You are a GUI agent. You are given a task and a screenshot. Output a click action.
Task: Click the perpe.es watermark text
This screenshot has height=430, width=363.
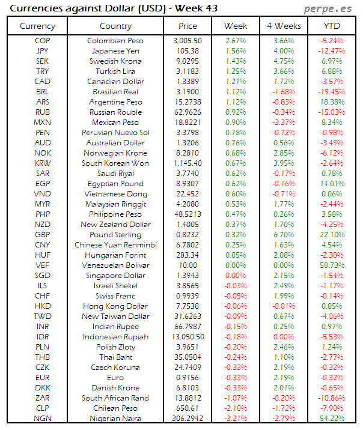(328, 8)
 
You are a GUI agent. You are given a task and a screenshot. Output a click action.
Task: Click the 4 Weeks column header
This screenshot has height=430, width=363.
(283, 26)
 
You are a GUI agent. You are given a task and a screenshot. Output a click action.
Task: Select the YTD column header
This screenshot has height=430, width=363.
(331, 26)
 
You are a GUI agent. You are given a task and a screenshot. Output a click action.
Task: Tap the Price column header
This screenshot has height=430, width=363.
(188, 26)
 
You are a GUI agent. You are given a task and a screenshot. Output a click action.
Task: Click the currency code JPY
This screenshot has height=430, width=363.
(42, 51)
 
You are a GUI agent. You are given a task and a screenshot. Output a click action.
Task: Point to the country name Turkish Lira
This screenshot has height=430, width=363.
(115, 71)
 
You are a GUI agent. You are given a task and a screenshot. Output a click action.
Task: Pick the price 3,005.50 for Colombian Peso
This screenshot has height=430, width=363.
(188, 41)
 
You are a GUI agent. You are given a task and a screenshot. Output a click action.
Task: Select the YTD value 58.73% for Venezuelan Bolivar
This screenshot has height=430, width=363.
(332, 265)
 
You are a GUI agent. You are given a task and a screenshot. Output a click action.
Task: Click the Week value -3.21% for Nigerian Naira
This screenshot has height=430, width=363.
(235, 418)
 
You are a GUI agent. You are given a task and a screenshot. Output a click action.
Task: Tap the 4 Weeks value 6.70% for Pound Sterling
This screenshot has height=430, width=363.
(283, 234)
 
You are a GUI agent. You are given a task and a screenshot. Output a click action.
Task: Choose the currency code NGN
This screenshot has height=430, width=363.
(42, 418)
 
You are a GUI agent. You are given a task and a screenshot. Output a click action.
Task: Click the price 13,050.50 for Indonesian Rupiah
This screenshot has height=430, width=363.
(188, 336)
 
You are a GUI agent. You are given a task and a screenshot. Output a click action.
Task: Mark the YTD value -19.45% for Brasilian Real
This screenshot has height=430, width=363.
(332, 92)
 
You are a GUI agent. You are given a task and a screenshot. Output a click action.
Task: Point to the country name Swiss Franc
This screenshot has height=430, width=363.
(115, 295)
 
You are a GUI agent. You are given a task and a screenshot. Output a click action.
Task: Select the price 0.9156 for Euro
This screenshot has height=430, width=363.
(188, 377)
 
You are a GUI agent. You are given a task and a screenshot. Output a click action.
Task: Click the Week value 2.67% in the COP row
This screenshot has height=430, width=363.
(235, 41)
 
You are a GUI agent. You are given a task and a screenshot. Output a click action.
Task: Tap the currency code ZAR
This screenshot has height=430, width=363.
(42, 398)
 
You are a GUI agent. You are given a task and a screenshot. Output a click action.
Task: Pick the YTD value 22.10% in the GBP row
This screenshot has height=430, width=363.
(332, 234)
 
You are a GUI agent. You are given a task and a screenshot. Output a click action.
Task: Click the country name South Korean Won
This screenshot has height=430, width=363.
(115, 163)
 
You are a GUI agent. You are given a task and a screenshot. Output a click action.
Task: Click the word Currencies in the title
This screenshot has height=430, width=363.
(35, 8)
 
